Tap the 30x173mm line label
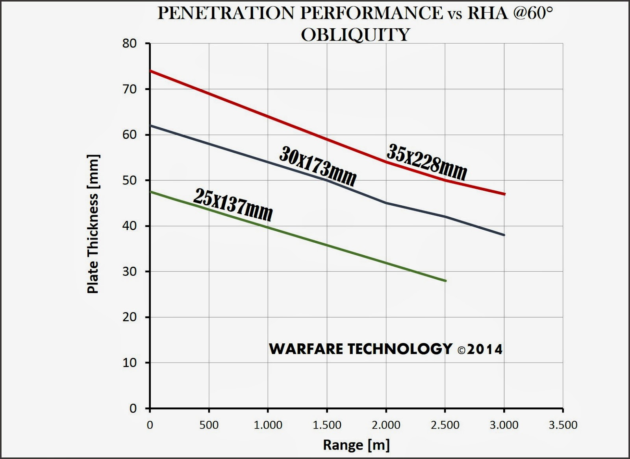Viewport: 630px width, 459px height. (318, 165)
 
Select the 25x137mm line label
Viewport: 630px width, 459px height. (233, 205)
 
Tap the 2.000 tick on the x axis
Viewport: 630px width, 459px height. (386, 425)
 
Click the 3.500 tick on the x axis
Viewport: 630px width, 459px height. (563, 425)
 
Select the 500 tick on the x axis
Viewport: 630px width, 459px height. (209, 425)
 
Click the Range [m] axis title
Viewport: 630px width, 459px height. (356, 445)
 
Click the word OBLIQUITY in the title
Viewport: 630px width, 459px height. (355, 35)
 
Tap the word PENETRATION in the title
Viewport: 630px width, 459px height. (227, 13)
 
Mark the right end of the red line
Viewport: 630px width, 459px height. (504, 194)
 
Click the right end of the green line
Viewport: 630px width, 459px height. (445, 281)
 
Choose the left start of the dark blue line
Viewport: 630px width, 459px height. (151, 125)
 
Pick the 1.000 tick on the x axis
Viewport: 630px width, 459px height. (268, 425)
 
